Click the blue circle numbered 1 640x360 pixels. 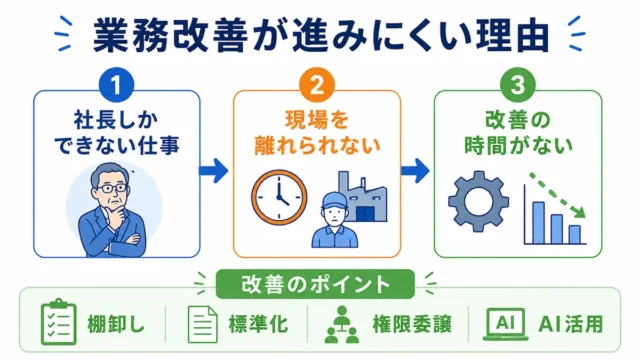click(x=116, y=85)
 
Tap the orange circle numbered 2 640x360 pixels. click(x=317, y=85)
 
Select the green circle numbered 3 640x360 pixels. click(x=518, y=85)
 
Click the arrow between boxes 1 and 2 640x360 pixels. click(x=213, y=171)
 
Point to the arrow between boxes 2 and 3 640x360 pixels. click(x=415, y=171)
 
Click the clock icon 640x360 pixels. click(x=279, y=197)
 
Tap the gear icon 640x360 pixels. click(x=478, y=202)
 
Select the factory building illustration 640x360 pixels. click(x=362, y=197)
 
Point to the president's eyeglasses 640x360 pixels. click(x=110, y=189)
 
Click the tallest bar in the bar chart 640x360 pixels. click(x=538, y=222)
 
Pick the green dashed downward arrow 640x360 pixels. click(x=557, y=195)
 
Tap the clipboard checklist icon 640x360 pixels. click(x=58, y=322)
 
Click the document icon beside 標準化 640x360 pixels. click(x=202, y=324)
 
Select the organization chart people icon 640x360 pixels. click(x=342, y=324)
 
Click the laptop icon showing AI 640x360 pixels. click(x=505, y=324)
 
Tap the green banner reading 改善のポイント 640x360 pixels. click(x=315, y=284)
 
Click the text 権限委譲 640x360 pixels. click(x=412, y=325)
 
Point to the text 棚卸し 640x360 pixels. click(x=116, y=325)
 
